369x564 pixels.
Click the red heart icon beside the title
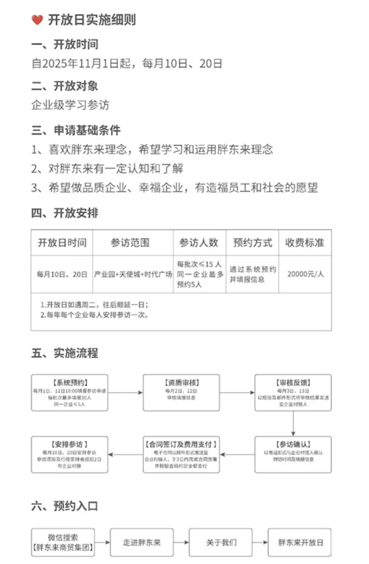[x=37, y=20]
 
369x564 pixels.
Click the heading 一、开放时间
[x=65, y=44]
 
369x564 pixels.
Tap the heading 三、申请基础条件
[x=76, y=130]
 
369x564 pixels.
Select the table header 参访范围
[x=130, y=243]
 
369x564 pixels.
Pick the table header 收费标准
[x=304, y=243]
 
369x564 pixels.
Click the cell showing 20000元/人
[x=305, y=274]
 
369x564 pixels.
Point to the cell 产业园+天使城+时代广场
[x=133, y=274]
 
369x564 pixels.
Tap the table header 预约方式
[x=252, y=243]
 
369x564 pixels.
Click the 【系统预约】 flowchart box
[x=70, y=392]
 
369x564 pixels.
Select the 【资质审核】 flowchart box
[x=181, y=392]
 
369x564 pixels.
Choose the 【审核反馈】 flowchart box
[x=293, y=392]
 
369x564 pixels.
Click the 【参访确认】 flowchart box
[x=293, y=455]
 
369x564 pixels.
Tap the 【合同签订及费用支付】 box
[x=181, y=455]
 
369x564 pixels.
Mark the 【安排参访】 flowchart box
[x=70, y=455]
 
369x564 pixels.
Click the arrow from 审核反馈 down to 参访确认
[x=293, y=424]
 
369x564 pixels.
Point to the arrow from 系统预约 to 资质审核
[x=125, y=392]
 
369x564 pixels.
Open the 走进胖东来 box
[x=142, y=542]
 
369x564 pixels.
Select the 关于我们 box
[x=221, y=542]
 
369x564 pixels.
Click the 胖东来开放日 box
[x=300, y=542]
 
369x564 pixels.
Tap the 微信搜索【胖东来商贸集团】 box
[x=63, y=542]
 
